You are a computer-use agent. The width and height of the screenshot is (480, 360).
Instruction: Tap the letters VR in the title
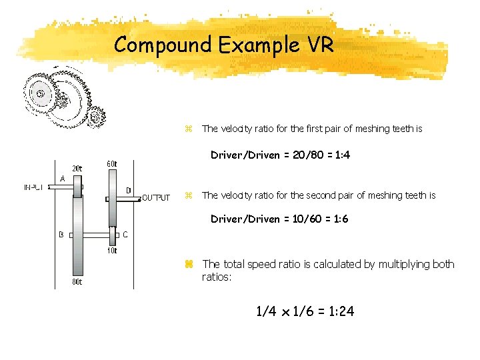[x=319, y=45]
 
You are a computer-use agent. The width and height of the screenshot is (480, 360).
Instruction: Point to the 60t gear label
[x=111, y=164]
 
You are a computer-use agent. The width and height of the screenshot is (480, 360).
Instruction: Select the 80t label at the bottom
[x=77, y=282]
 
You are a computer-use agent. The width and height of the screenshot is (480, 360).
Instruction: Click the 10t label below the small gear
[x=111, y=251]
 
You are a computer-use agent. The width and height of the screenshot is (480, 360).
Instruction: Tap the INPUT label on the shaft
[x=34, y=187]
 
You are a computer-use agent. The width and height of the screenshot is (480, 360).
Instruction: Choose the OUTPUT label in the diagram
[x=156, y=197]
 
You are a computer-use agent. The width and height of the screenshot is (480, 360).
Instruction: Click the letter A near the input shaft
[x=62, y=179]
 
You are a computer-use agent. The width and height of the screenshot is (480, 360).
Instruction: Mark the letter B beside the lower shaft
[x=61, y=235]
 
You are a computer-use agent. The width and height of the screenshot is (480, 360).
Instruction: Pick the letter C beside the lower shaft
[x=125, y=235]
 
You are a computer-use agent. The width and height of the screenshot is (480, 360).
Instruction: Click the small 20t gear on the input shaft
[x=77, y=187]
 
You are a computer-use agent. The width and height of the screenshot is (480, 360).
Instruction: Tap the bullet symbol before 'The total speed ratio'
[x=189, y=264]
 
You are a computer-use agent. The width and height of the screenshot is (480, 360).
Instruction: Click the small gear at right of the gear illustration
[x=97, y=117]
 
